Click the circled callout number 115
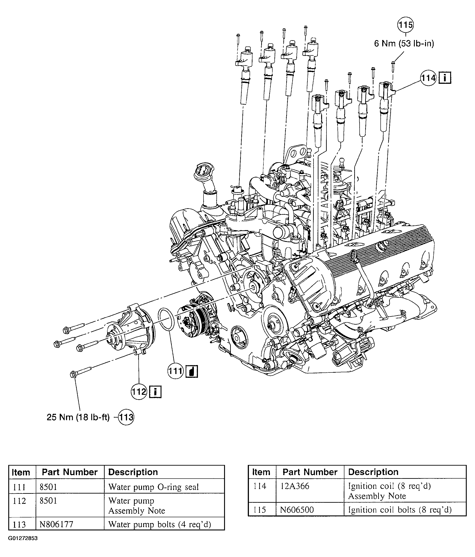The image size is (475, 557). [405, 25]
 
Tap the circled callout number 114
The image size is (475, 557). [428, 78]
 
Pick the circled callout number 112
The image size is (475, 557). [139, 391]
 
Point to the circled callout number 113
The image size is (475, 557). [126, 417]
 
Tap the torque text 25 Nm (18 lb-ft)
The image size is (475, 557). [78, 417]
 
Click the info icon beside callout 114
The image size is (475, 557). [445, 78]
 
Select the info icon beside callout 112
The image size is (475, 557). [155, 392]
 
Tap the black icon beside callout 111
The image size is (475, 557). [192, 371]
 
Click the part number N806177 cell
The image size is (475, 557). [56, 524]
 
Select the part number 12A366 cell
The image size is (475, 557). [295, 486]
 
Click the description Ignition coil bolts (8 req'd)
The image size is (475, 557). [400, 510]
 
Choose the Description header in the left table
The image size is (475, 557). [133, 472]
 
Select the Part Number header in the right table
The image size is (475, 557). [310, 472]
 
